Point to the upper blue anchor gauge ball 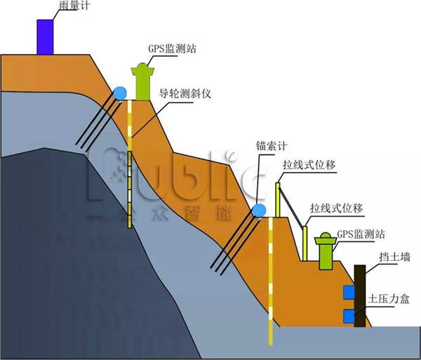121,93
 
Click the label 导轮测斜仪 185,93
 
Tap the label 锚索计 271,147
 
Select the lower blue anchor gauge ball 260,210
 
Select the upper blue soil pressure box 348,291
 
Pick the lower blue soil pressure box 348,316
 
